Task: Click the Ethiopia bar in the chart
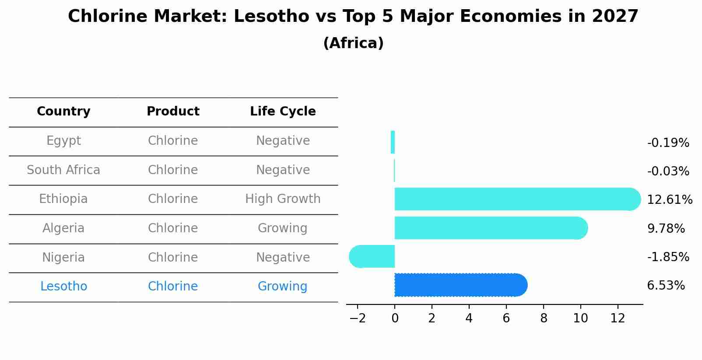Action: (x=516, y=199)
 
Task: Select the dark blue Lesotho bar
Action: (x=460, y=285)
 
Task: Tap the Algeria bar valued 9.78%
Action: (x=490, y=228)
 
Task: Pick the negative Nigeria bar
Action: (x=372, y=256)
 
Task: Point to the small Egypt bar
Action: (x=393, y=142)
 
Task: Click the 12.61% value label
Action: (x=669, y=200)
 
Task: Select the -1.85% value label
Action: (x=668, y=257)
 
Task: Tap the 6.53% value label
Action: (x=666, y=286)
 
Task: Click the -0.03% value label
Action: (x=668, y=171)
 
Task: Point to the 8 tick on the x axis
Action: (x=544, y=318)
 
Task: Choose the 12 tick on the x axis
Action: (x=618, y=318)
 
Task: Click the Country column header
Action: (x=63, y=112)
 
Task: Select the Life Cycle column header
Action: (x=283, y=112)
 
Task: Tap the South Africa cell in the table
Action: (x=63, y=170)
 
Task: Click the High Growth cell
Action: (x=283, y=199)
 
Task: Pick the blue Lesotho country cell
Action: (x=63, y=287)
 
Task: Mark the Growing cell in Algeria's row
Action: (x=283, y=228)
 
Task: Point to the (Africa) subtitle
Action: (x=353, y=43)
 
